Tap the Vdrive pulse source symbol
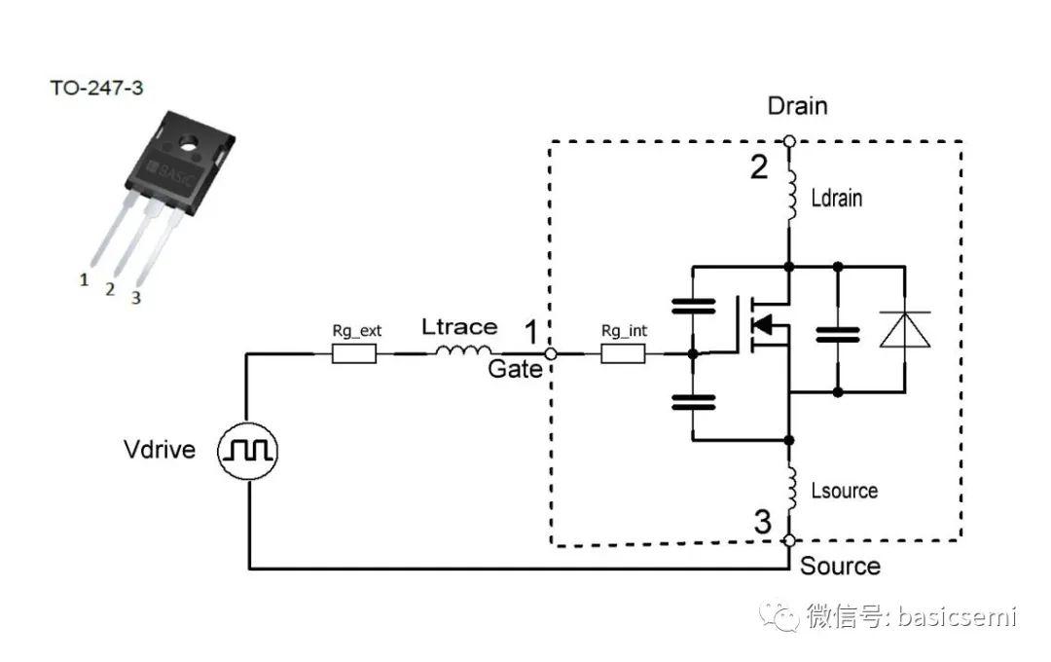[250, 450]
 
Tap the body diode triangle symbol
[905, 330]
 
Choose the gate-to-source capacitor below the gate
[693, 401]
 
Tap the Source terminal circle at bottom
[789, 539]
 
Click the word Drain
[797, 105]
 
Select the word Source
[840, 567]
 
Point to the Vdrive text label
[160, 450]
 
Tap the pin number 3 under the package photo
[135, 298]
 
